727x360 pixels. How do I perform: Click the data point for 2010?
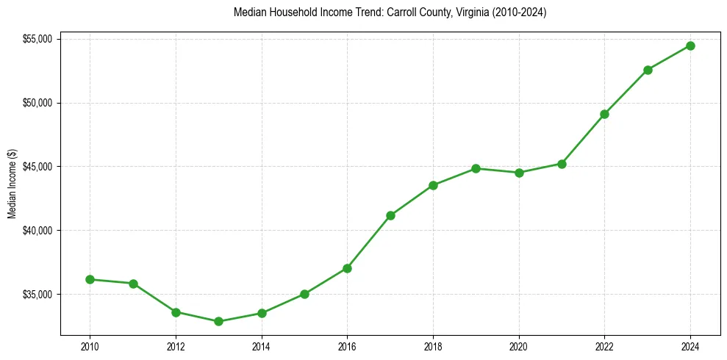90,279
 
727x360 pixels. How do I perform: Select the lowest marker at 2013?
218,321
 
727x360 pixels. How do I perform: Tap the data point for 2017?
390,215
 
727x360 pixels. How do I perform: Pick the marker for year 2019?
476,168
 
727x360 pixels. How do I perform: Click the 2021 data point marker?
562,164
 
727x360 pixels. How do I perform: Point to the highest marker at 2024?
690,46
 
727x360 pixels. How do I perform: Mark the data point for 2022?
604,114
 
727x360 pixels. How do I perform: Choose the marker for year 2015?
304,294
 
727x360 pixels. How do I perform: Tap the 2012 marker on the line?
176,312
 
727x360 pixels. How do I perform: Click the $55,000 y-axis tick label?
37,38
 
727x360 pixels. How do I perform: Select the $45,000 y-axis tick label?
37,166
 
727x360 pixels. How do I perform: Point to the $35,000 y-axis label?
37,295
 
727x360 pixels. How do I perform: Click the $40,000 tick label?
37,231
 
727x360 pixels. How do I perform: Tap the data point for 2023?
648,70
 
